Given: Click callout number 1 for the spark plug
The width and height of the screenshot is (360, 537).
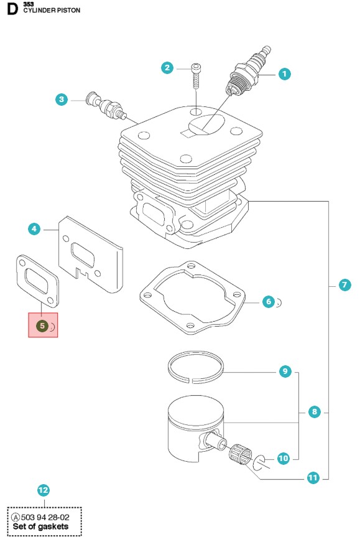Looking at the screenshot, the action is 284,73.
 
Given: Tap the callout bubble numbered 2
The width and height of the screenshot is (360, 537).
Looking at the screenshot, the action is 167,67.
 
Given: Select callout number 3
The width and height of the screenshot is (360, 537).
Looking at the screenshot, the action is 62,100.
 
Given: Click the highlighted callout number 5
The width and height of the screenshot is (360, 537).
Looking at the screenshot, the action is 42,325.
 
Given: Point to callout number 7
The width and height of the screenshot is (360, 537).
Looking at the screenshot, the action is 344,284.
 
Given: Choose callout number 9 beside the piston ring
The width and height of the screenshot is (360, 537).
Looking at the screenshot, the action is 285,371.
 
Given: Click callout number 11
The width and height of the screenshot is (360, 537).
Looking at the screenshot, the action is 313,477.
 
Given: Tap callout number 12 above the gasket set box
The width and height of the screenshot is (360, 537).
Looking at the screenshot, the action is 44,490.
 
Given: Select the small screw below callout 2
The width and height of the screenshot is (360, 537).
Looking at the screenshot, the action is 196,76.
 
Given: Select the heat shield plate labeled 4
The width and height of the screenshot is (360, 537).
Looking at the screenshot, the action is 90,254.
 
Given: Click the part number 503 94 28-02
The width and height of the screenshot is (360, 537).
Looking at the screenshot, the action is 45,517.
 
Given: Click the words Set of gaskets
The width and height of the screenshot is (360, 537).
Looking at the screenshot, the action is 40,526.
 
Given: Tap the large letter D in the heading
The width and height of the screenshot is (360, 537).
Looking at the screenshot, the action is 12,9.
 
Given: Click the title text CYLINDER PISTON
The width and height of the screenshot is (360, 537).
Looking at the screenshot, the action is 52,11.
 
